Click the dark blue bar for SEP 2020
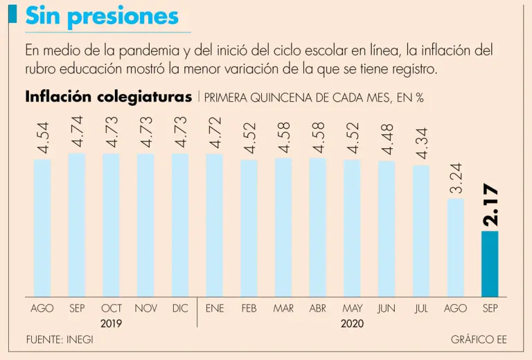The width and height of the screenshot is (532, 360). pyautogui.click(x=490, y=264)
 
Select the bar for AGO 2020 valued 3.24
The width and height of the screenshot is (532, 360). pyautogui.click(x=455, y=248)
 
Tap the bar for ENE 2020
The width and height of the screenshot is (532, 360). pyautogui.click(x=215, y=225)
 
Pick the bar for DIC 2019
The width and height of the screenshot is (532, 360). pyautogui.click(x=180, y=225)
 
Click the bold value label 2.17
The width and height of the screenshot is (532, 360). pyautogui.click(x=490, y=206)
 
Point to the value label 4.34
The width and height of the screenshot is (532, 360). pyautogui.click(x=421, y=143)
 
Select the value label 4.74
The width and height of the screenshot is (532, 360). pyautogui.click(x=77, y=131)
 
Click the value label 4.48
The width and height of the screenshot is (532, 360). pyautogui.click(x=387, y=138)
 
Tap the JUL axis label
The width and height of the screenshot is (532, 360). pyautogui.click(x=421, y=309)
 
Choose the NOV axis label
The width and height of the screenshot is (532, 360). pyautogui.click(x=145, y=309)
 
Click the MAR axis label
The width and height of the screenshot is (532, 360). pyautogui.click(x=283, y=309)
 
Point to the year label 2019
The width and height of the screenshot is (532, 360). pyautogui.click(x=112, y=323)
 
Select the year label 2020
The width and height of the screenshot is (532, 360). pyautogui.click(x=352, y=323)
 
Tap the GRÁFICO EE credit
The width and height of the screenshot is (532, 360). pyautogui.click(x=479, y=340)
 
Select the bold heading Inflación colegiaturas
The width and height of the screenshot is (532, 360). pyautogui.click(x=108, y=97)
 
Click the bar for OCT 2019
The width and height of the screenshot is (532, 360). pyautogui.click(x=112, y=225)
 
